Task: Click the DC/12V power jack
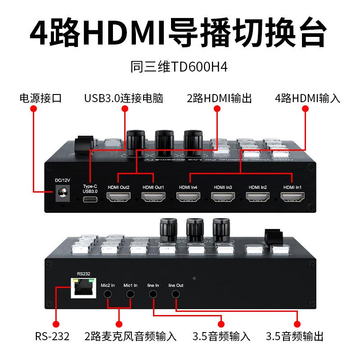click(61, 195)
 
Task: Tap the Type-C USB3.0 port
click(90, 198)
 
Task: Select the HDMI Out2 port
click(118, 197)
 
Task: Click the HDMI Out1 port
click(153, 197)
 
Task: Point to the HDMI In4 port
click(188, 197)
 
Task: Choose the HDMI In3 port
click(223, 197)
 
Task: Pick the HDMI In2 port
click(258, 197)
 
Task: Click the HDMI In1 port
click(292, 197)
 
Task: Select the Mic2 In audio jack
click(108, 294)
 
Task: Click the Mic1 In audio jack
click(130, 294)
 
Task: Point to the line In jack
click(153, 294)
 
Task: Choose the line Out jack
click(176, 294)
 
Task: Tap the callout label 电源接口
click(40, 99)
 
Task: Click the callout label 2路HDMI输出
click(219, 99)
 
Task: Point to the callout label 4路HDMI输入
click(307, 99)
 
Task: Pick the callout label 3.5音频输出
click(295, 336)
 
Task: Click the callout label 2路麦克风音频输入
click(130, 336)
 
